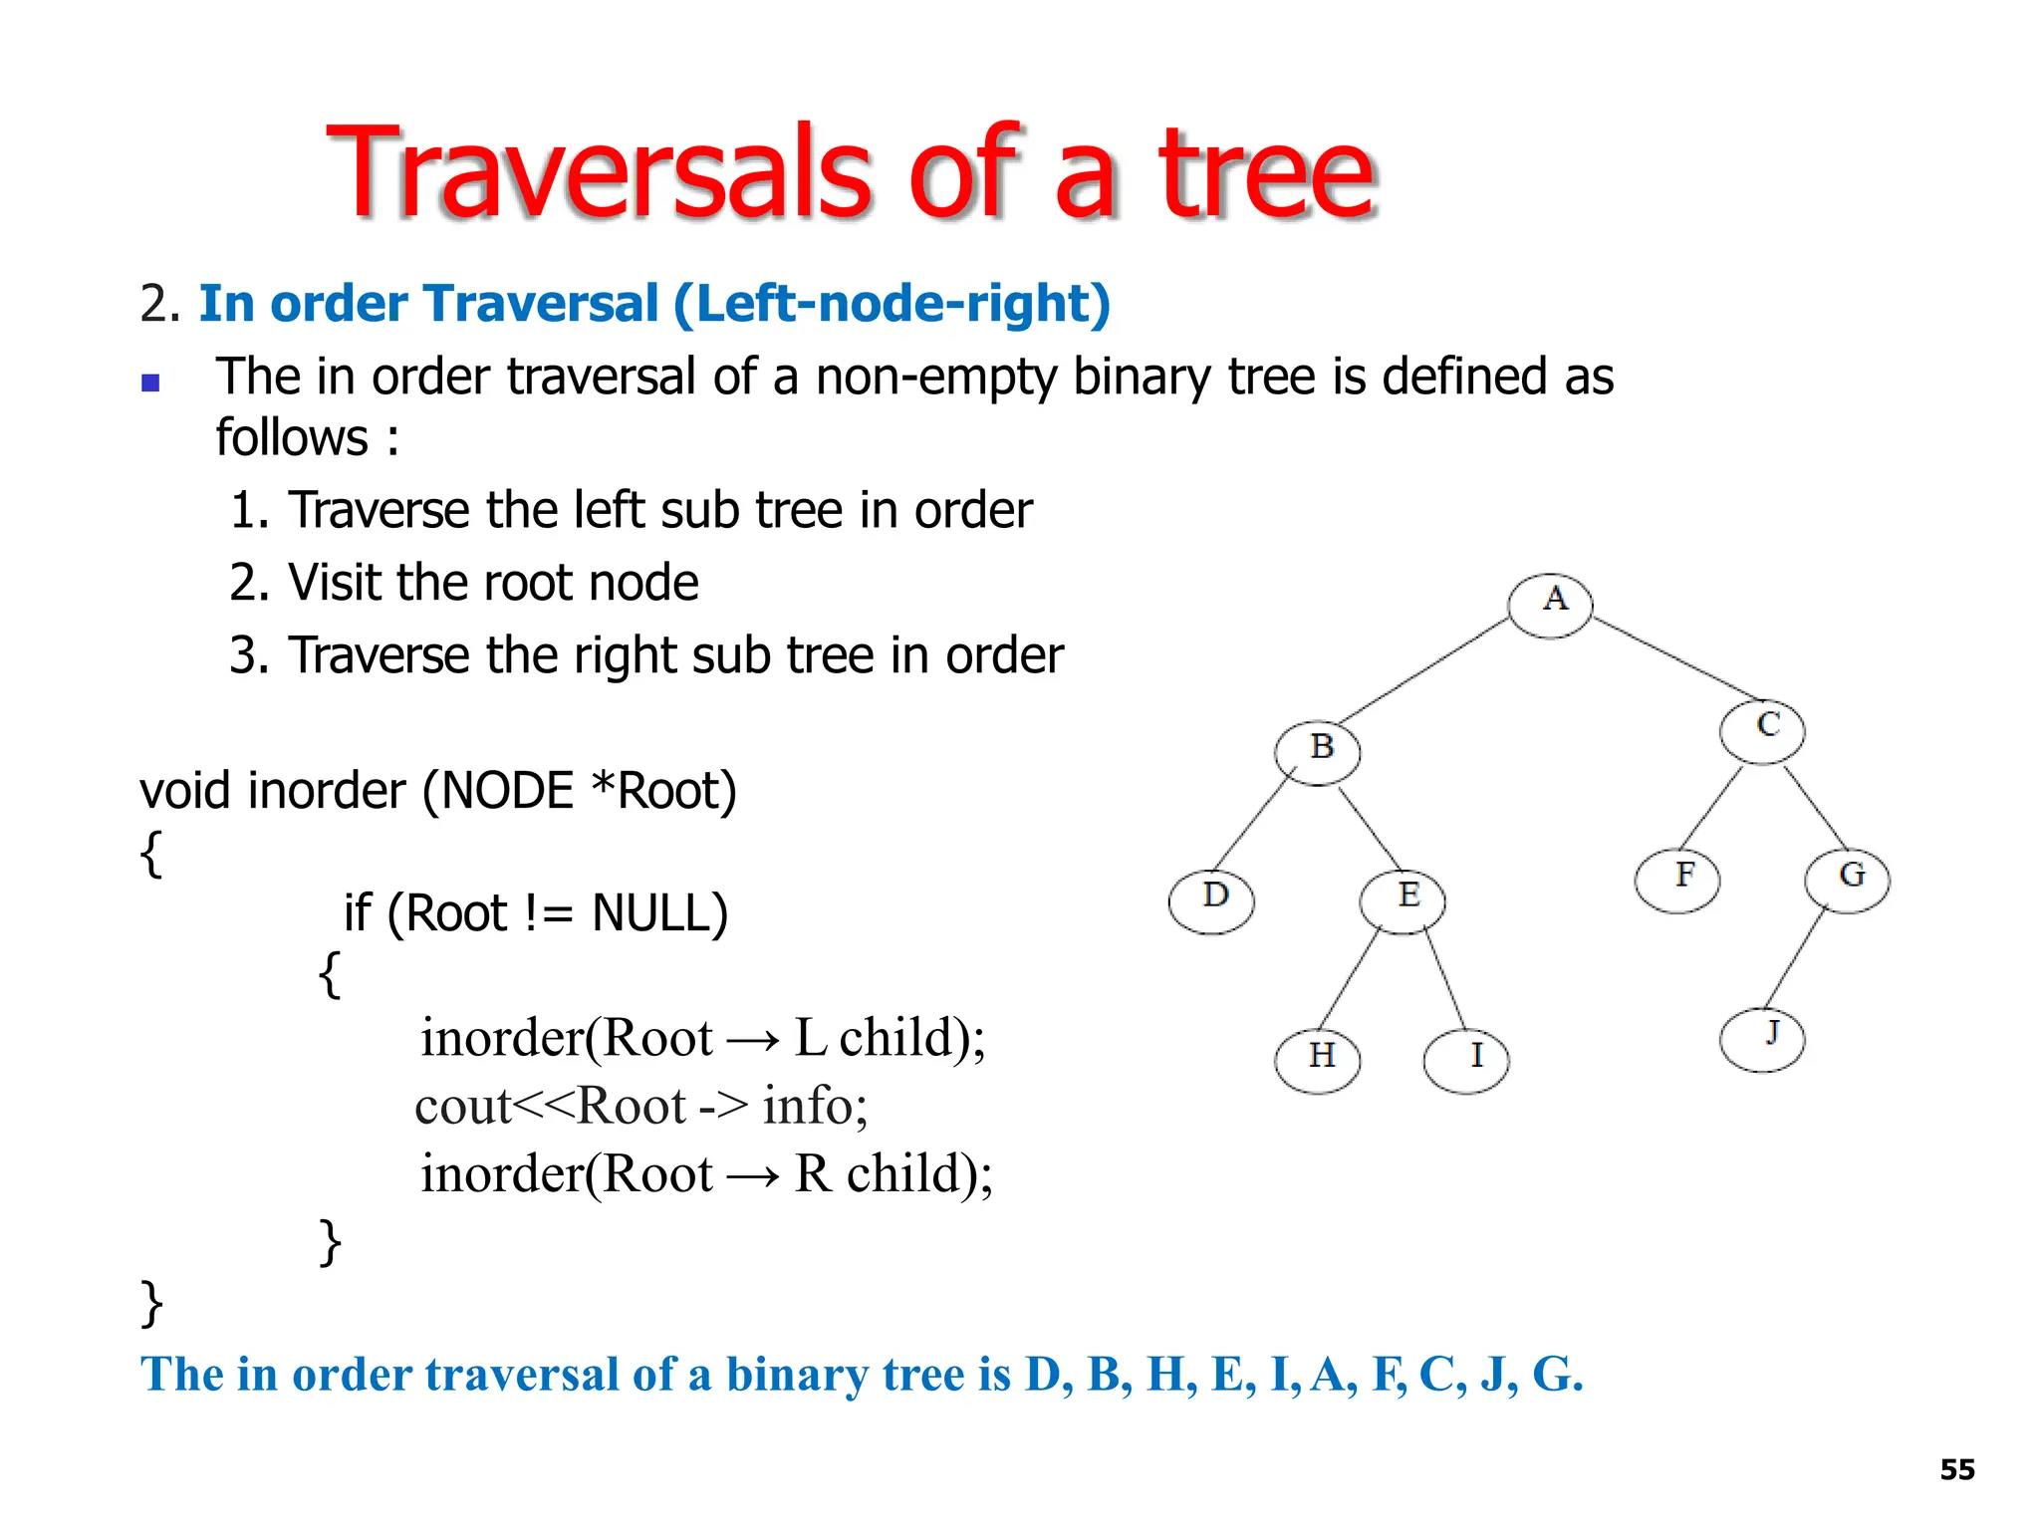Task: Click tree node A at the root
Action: [1550, 605]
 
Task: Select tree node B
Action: [1317, 752]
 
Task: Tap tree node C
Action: [1762, 730]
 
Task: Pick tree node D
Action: [1211, 900]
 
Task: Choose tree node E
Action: [1402, 900]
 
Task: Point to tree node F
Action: [1677, 880]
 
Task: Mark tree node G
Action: [1848, 880]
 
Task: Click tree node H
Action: [1317, 1060]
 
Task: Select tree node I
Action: [1466, 1060]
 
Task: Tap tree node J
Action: [1762, 1039]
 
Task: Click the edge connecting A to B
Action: [1424, 669]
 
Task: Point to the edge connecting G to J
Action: [1795, 958]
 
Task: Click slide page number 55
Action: [1957, 1469]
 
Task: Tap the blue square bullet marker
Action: [150, 383]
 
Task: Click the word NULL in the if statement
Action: [658, 913]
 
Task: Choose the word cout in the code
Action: [462, 1106]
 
